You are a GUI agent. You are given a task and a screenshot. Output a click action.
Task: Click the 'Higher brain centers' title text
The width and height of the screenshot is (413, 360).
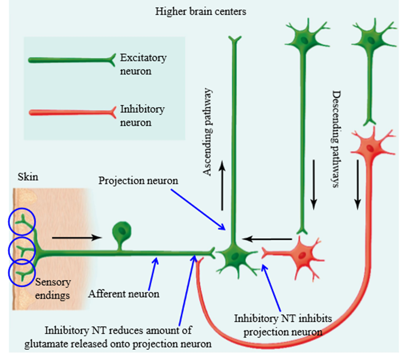201,11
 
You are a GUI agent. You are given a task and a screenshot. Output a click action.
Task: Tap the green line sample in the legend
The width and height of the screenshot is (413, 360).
72,60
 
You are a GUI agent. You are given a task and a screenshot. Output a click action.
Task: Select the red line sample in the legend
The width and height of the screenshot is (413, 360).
72,113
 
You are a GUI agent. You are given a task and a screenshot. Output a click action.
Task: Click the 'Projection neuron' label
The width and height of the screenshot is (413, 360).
138,181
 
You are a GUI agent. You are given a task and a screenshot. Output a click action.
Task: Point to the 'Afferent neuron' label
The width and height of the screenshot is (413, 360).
124,294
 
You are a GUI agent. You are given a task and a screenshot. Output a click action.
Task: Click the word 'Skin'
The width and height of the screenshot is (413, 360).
28,177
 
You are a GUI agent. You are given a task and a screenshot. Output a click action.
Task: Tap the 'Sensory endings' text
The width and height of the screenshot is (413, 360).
53,289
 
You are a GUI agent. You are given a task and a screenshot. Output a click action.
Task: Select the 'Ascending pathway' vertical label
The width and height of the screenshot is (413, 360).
207,132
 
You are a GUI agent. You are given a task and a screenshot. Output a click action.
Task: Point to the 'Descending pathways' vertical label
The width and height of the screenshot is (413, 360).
336,139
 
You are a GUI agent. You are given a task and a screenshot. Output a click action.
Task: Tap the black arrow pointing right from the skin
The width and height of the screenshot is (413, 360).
77,237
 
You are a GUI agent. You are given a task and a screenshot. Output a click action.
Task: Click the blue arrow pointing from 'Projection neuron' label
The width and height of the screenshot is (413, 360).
198,209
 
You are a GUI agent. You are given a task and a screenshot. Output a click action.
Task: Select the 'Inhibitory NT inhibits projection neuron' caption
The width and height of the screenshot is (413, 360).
283,326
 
